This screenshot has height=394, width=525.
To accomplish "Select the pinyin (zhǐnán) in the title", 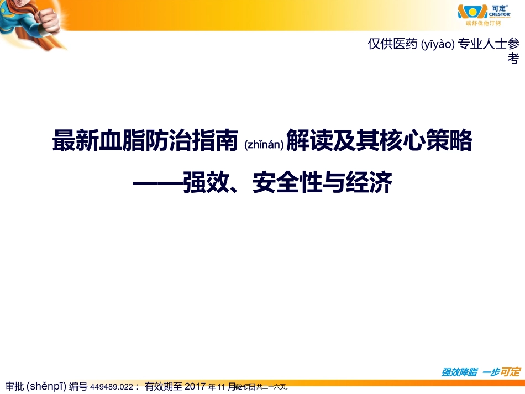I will [264, 145].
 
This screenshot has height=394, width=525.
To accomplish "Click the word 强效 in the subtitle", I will [202, 183].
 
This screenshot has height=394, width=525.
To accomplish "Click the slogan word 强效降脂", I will [459, 372].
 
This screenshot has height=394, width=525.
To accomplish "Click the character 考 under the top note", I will [513, 59].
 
